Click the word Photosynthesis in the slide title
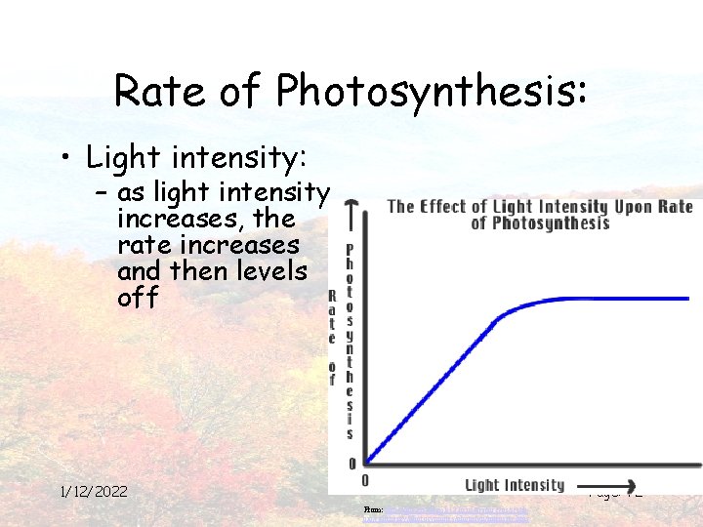point(433,91)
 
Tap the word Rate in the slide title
point(156,91)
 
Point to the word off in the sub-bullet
point(138,297)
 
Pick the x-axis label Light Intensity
point(515,485)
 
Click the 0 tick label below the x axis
point(365,480)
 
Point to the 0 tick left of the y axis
point(351,464)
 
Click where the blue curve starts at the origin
point(367,462)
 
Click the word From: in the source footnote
point(371,509)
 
